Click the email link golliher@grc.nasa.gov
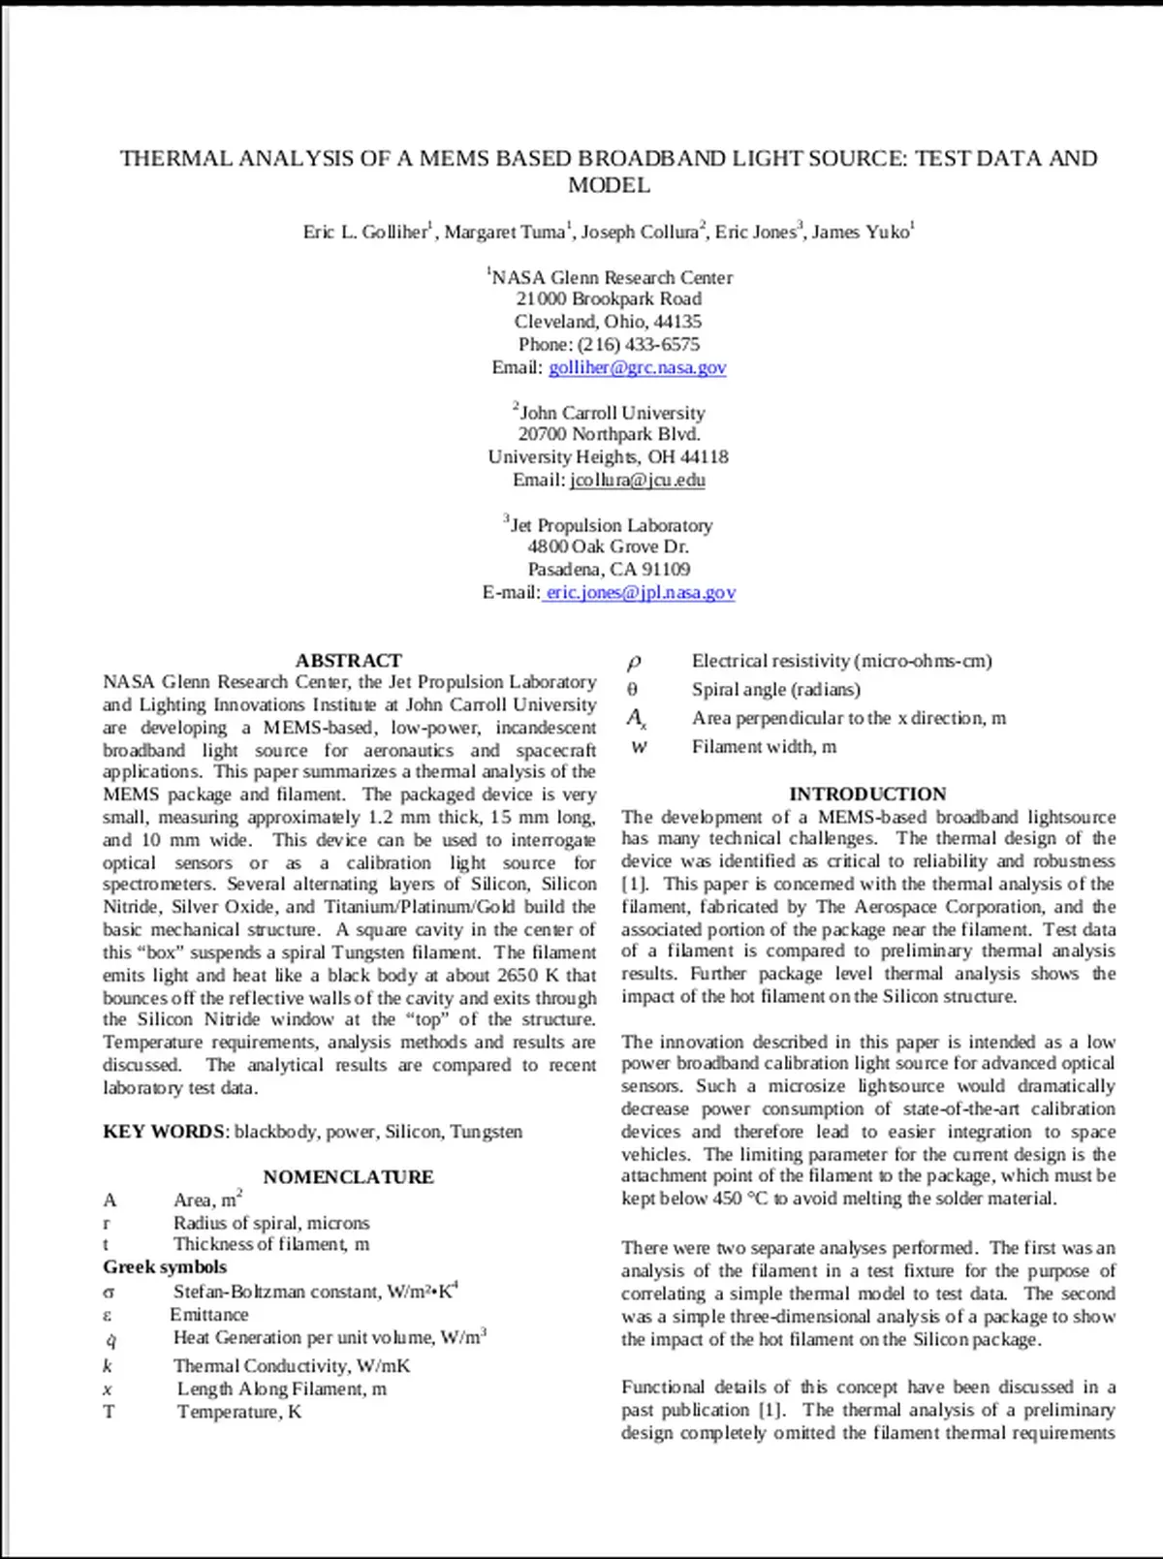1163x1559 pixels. click(x=637, y=367)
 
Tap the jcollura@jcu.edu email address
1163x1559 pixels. click(x=637, y=480)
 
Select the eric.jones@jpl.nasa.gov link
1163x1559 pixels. click(x=640, y=592)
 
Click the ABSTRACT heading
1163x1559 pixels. click(x=348, y=661)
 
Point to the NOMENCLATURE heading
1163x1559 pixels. click(x=348, y=1177)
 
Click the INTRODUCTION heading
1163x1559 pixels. click(x=867, y=795)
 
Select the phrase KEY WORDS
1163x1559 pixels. click(x=164, y=1132)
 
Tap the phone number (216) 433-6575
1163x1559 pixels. click(x=638, y=344)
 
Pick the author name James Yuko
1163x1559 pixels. click(x=861, y=232)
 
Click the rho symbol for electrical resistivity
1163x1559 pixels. click(x=634, y=662)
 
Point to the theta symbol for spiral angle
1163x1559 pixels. click(x=633, y=690)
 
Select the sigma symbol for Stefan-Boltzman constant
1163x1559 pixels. click(x=109, y=1293)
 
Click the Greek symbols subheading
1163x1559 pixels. click(x=165, y=1267)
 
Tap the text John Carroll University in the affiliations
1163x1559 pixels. click(x=613, y=413)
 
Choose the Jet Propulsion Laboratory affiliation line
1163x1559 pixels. click(x=612, y=525)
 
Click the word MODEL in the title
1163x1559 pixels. click(x=609, y=185)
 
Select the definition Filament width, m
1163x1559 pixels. click(x=764, y=747)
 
